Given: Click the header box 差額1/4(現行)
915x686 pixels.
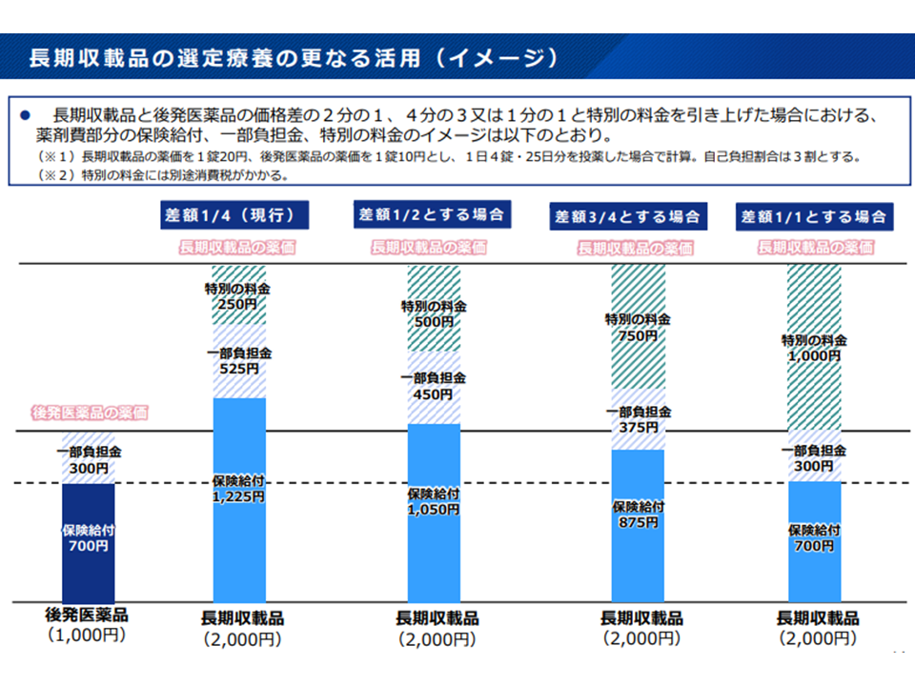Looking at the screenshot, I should point(238,214).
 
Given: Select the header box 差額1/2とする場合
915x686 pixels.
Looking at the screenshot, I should point(431,214).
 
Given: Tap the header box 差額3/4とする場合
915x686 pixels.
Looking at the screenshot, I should point(630,216).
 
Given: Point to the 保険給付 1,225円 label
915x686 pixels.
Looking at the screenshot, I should point(239,488).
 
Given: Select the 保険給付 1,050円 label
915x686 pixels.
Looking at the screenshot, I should point(434,502).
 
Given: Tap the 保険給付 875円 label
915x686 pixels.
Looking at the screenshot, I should point(638,514).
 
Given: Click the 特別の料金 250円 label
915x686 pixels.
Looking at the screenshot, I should point(238,296).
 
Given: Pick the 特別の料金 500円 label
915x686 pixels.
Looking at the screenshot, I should point(434,313).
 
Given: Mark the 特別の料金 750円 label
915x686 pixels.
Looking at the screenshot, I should point(638,328).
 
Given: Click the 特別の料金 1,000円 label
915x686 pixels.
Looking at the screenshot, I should point(814,347).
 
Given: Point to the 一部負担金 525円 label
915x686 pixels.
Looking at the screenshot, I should point(238,360).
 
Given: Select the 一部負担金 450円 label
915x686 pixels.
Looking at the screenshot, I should point(434,386).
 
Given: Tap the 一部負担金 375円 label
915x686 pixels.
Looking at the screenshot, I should point(638,420).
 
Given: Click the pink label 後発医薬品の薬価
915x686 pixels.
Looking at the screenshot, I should point(91,413).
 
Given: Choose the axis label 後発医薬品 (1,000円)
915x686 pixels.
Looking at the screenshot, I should point(87,625).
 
